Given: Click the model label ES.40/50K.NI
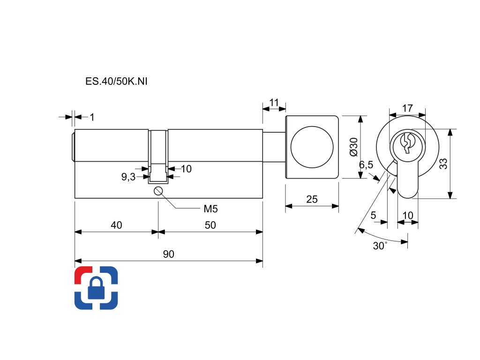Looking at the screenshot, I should coord(117,82).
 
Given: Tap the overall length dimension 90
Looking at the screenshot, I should coord(168,255).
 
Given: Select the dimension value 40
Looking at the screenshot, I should coord(116,225).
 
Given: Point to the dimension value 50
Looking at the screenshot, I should coord(210,225).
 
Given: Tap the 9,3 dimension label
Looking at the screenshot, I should coord(128,177).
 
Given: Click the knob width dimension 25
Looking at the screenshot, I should coord(312,200).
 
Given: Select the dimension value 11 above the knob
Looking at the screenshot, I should coord(274,102).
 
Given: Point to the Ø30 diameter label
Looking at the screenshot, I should coord(353,147).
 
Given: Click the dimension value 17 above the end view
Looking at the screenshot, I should coord(408,108).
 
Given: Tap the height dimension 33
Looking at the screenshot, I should coord(443,164).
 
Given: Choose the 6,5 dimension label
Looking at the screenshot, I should coord(366,165).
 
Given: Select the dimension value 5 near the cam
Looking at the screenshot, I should coord(373,215).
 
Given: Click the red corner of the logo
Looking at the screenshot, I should coord(82,274).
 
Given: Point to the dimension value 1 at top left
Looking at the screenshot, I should coord(92,117).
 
